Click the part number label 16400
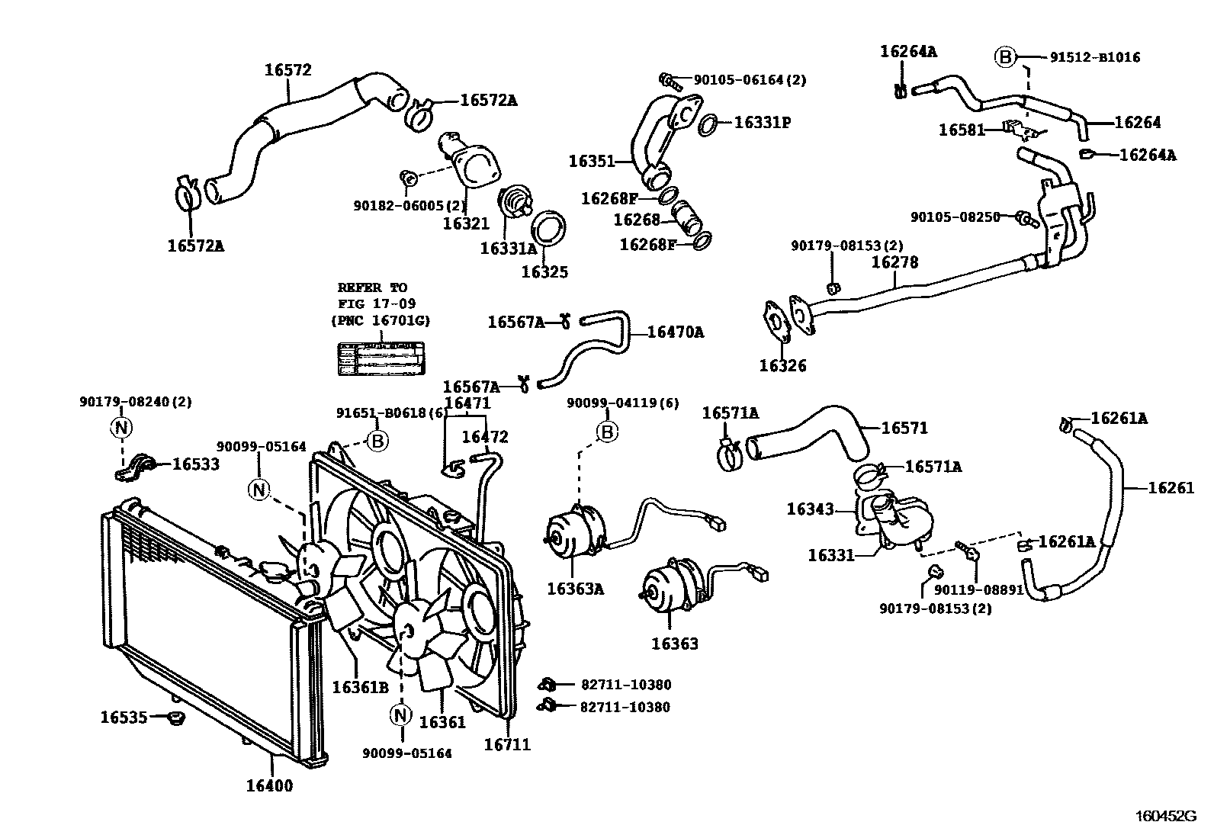coord(268,785)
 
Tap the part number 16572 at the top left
coord(288,70)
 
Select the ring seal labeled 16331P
coord(707,123)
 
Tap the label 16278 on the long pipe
coord(895,262)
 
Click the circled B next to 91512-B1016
coord(1005,56)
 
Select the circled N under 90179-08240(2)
coord(121,428)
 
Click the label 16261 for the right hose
coord(1171,488)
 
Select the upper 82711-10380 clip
coord(546,684)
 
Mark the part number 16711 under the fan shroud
coord(506,744)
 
